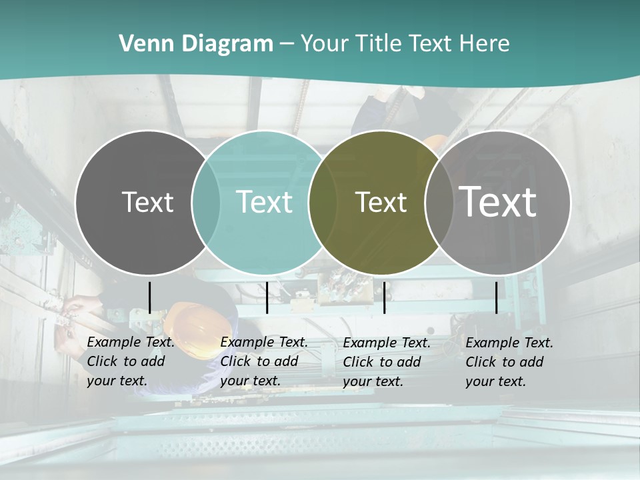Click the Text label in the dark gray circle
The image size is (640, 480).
pos(147,202)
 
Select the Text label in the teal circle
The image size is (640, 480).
pos(264,202)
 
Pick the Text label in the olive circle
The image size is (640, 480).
pos(381,202)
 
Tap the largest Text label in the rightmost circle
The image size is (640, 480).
pos(498,202)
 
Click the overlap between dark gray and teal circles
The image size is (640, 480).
pos(206,203)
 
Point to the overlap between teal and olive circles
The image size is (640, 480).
pos(323,203)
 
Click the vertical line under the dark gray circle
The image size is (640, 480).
pos(149,297)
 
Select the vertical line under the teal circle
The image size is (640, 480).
pos(267,297)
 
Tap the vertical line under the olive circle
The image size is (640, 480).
pos(384,297)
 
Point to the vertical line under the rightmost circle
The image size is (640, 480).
pos(496,297)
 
